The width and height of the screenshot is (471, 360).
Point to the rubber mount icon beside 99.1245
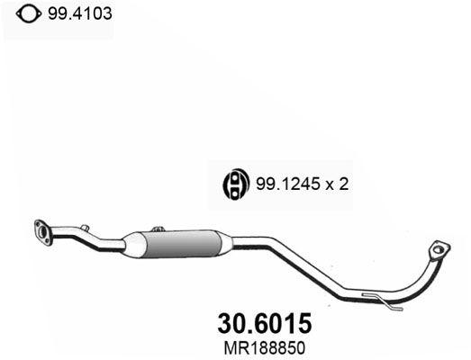234,184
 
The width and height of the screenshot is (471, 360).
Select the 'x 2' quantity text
337,184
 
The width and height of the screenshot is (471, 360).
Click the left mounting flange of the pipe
41,230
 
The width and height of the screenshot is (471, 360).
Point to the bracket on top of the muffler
159,230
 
